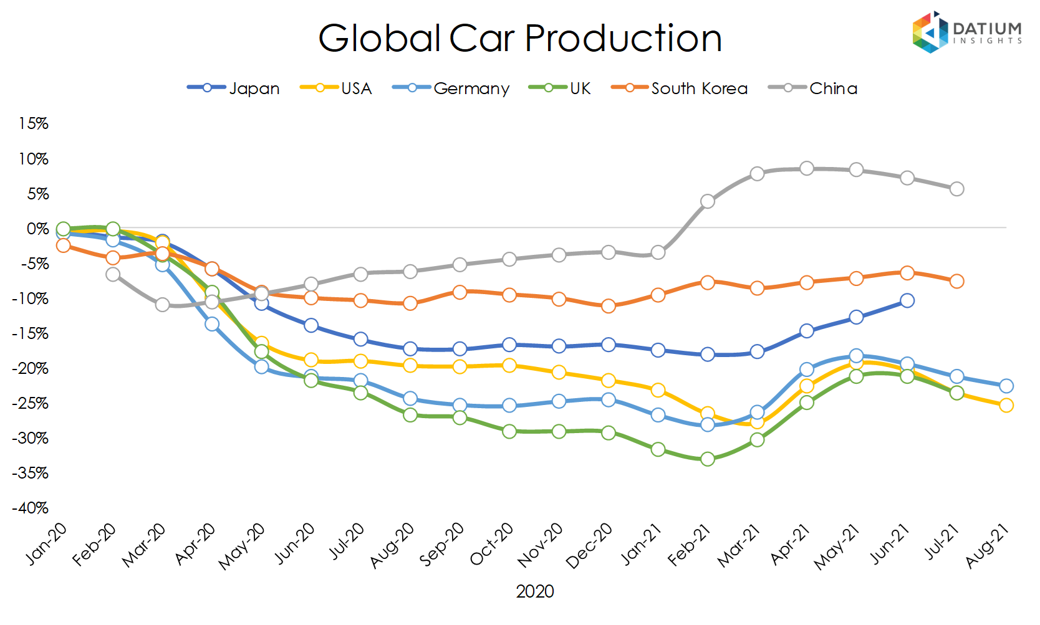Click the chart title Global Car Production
click(519, 39)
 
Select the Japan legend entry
click(234, 88)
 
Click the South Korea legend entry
click(680, 88)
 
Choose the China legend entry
click(813, 88)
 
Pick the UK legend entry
click(560, 88)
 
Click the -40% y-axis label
click(31, 508)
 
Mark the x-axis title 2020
click(534, 591)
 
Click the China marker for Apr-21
click(807, 168)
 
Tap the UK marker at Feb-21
click(708, 459)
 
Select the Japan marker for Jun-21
click(907, 300)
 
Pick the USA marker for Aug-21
click(1006, 405)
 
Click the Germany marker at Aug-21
click(1006, 386)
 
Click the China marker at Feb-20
click(113, 274)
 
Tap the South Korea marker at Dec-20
click(609, 306)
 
